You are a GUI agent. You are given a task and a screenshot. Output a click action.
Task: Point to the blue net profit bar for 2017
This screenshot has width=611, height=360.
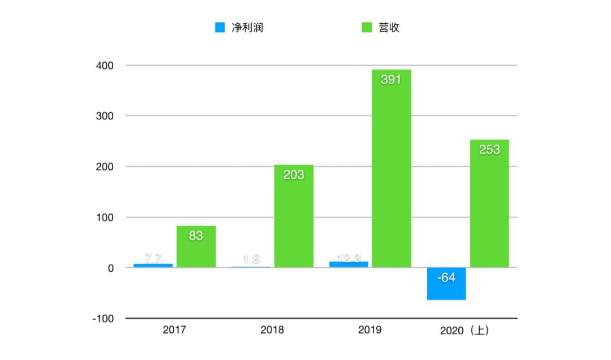153,265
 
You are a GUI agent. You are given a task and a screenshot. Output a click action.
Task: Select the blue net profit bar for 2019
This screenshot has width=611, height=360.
348,264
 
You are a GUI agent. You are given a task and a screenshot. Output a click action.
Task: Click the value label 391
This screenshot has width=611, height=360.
391,80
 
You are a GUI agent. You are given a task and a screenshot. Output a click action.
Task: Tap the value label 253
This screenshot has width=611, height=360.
489,150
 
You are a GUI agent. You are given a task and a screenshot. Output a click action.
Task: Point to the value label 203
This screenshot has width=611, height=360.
294,175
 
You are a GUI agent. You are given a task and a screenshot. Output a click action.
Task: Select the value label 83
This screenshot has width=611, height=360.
196,236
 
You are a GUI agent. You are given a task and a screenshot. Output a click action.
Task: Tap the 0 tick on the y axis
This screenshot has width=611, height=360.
111,268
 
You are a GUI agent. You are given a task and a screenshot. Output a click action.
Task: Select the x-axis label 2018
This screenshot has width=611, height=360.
272,330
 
